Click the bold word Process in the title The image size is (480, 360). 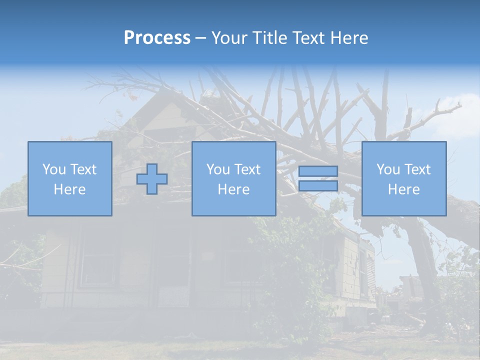click(x=157, y=38)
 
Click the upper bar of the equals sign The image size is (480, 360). click(x=318, y=171)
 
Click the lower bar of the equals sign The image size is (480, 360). click(x=318, y=186)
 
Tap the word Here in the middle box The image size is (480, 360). click(x=234, y=189)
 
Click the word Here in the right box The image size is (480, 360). click(x=404, y=189)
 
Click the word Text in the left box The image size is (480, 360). click(x=83, y=169)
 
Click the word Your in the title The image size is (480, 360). click(x=228, y=38)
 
